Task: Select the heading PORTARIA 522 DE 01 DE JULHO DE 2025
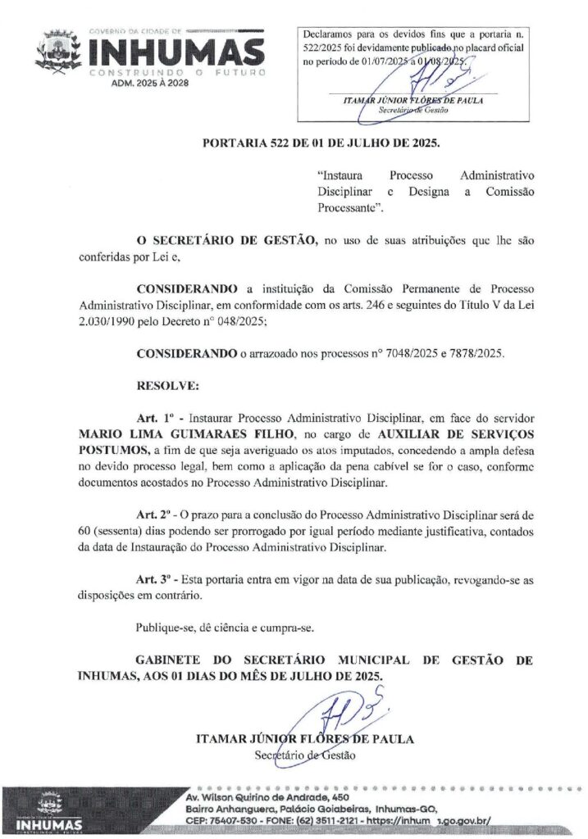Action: pos(321,143)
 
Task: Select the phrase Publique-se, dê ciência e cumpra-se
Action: pos(226,628)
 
